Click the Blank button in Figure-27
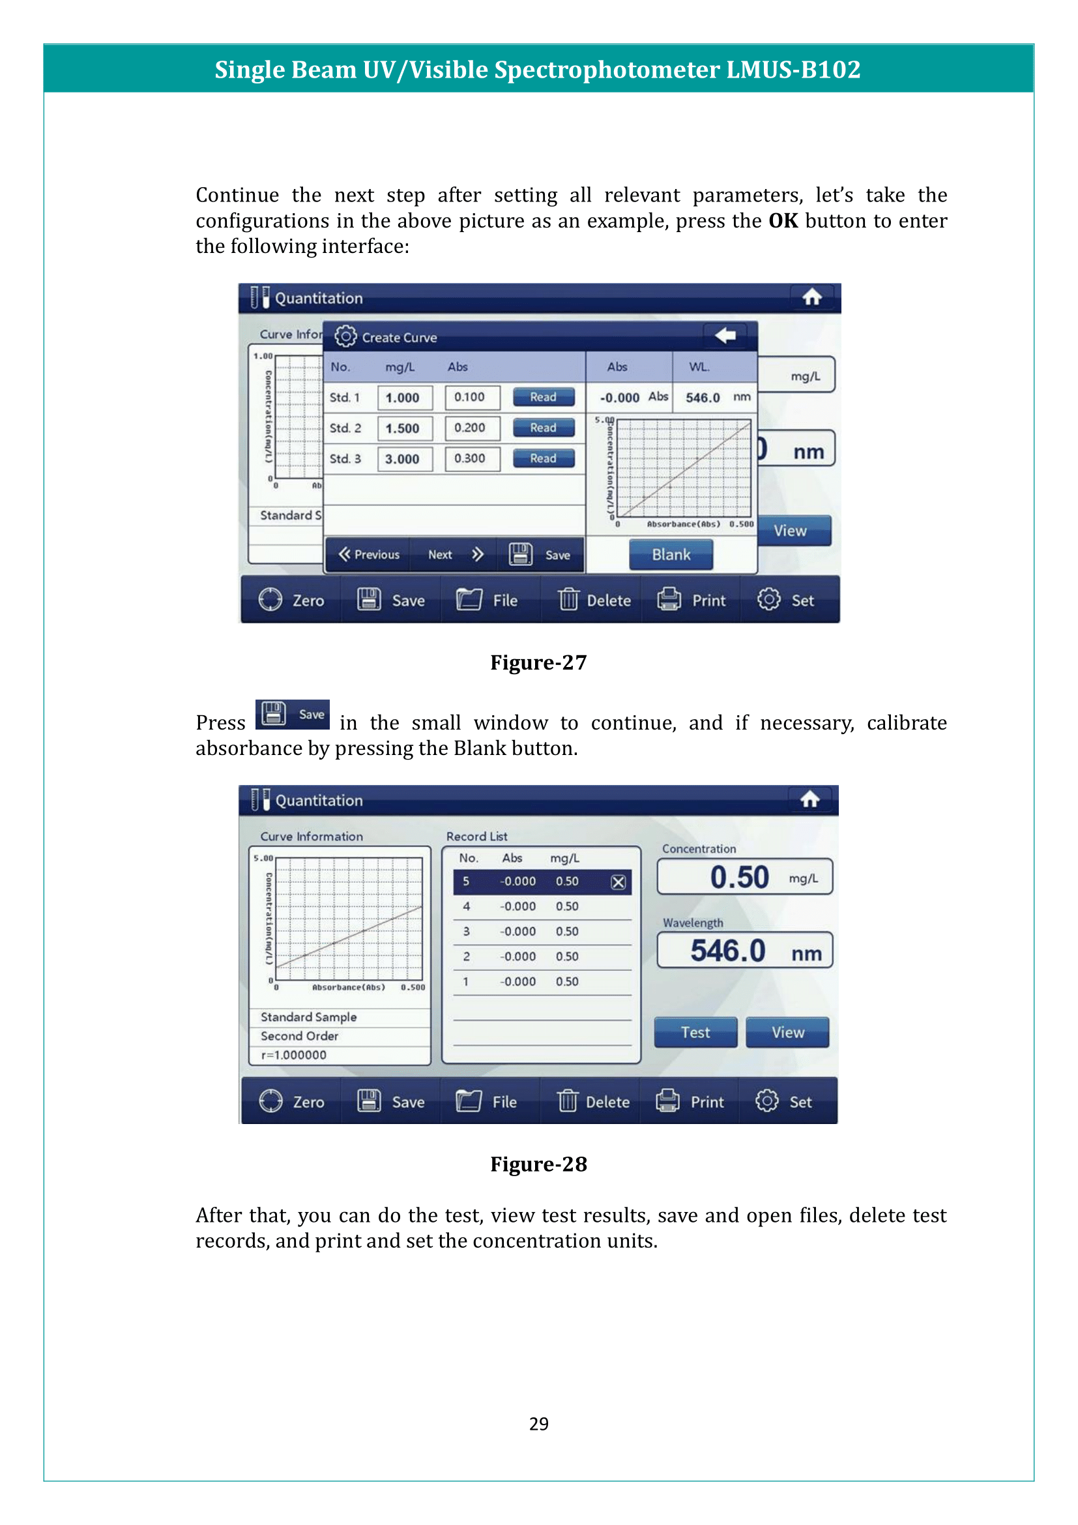671,555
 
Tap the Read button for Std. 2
543,428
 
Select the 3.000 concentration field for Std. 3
404,459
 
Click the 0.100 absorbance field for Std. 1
471,397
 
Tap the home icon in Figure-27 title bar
811,297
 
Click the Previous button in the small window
369,555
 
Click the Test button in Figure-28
695,1032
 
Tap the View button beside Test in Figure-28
787,1032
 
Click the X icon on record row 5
618,882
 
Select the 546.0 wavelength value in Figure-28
728,951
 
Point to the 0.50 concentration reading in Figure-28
739,878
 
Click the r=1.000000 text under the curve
294,1055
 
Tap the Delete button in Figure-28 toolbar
594,1102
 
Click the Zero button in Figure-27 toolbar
291,600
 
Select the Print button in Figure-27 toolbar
692,600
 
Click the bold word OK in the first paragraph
783,221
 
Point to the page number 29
538,1423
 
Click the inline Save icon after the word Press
293,715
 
